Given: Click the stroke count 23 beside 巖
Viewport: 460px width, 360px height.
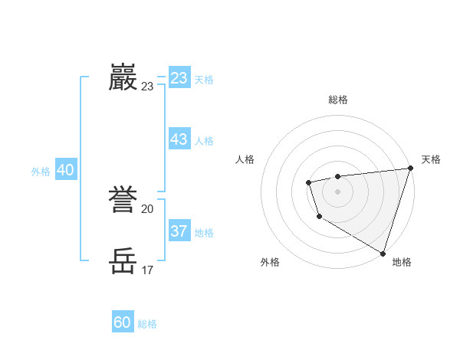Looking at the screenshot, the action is pos(148,87).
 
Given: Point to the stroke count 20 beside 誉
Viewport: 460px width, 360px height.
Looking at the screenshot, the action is pos(148,208).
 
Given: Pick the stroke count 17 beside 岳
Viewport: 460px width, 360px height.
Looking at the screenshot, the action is pos(148,270).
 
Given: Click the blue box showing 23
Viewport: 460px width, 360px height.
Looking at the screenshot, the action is pos(179,78).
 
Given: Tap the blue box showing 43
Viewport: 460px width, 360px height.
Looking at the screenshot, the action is pos(179,139).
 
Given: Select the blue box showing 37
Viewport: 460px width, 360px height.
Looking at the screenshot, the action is pos(179,231).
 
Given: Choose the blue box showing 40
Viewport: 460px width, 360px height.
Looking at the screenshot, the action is pos(65,171).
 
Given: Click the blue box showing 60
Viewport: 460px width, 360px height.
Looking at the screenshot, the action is pos(123,322).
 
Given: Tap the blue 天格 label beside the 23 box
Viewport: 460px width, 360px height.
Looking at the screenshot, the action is pos(204,80).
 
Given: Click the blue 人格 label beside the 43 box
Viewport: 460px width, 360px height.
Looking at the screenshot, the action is pos(204,141).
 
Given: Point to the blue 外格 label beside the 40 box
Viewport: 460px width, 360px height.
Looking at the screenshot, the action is pos(41,172).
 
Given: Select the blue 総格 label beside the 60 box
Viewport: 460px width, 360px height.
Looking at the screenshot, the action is pos(147,324).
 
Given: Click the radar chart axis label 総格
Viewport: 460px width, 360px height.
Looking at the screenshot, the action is pos(337,100).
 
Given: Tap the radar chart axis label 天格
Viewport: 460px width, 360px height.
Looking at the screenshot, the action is pos(431,159).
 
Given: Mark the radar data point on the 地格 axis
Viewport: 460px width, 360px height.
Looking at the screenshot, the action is pos(383,253).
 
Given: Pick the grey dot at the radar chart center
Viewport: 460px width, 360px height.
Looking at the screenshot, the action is pos(337,191).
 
